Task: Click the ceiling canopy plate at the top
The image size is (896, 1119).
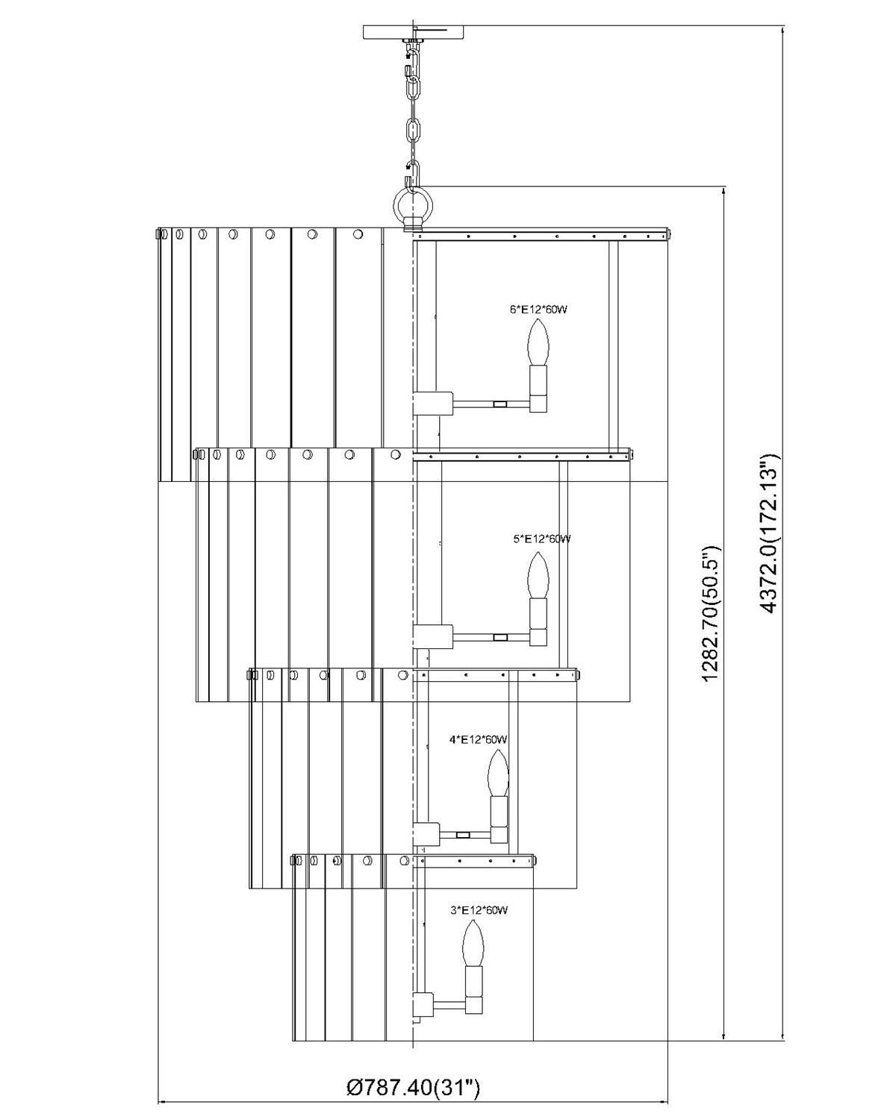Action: (414, 32)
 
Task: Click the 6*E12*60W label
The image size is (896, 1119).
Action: (538, 309)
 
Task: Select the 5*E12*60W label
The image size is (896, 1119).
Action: (542, 539)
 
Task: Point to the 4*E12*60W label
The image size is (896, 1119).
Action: (478, 740)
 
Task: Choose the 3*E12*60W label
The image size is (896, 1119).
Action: (479, 910)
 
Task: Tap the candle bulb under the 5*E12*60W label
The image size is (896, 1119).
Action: (538, 574)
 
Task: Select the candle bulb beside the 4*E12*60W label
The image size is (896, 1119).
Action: (498, 773)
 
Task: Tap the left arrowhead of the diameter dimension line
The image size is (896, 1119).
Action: (162, 1101)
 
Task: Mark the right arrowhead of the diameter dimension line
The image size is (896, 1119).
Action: (664, 1101)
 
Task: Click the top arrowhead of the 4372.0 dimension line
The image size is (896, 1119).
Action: (782, 31)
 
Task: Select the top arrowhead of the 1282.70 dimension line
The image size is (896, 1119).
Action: (724, 191)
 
